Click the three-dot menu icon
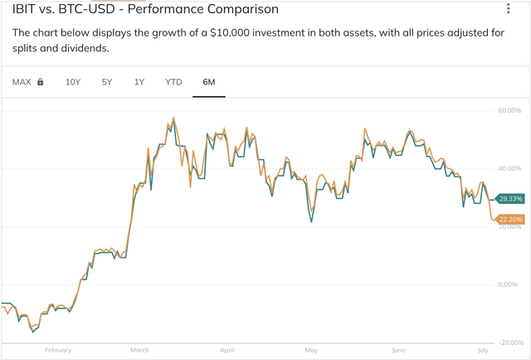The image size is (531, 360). tap(509, 9)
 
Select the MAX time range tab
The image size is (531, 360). tap(22, 82)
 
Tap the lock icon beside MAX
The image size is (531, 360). tap(40, 82)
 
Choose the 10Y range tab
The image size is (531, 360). tap(73, 82)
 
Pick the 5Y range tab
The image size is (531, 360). tap(107, 82)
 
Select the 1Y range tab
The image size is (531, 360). tap(139, 82)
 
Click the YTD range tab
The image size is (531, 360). tap(173, 82)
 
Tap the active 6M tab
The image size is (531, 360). tap(209, 82)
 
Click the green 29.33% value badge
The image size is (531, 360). tap(509, 199)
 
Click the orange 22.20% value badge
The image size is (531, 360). tap(509, 219)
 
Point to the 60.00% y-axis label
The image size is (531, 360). tap(509, 110)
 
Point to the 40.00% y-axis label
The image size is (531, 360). tap(509, 168)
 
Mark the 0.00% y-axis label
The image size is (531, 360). tap(508, 285)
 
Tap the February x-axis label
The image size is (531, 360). tap(58, 350)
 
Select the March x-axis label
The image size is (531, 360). tap(139, 350)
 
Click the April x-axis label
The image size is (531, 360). tap(227, 350)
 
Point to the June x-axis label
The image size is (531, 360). tap(397, 350)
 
